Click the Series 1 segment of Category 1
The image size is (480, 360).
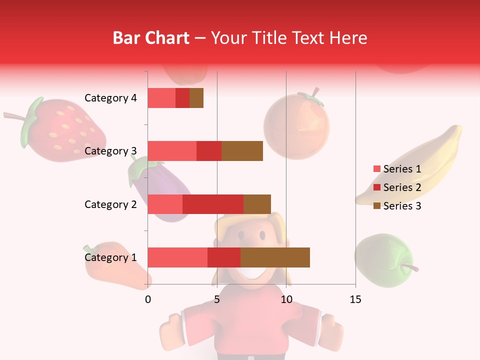[177, 257]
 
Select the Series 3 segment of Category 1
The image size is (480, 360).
[275, 257]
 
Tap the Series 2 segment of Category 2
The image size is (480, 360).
[213, 204]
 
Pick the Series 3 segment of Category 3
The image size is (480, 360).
[242, 151]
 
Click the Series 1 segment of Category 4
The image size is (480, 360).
[161, 98]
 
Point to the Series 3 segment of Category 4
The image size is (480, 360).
[196, 98]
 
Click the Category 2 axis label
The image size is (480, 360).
[110, 204]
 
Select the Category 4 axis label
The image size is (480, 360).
[110, 98]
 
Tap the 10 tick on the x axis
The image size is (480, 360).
[286, 299]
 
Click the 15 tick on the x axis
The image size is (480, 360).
[355, 299]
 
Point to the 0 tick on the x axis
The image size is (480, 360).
[148, 299]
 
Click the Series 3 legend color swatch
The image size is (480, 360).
[377, 206]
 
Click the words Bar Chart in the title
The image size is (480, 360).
[151, 38]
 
